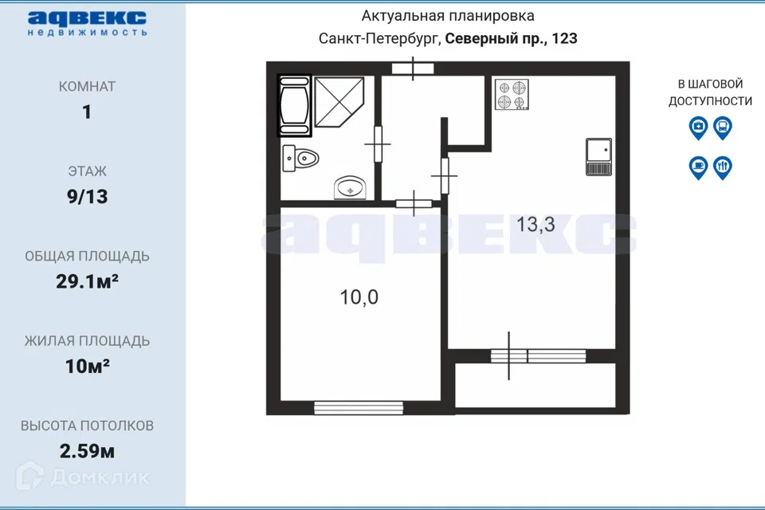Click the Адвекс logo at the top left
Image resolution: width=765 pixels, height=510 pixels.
point(87,23)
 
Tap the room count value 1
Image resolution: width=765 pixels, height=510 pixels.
point(87,112)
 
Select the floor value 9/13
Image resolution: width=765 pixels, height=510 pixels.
point(88,197)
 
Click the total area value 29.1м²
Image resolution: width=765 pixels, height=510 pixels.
point(88,281)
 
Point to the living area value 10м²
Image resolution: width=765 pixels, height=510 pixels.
point(88,366)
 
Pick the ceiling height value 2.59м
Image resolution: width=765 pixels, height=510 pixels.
point(88,451)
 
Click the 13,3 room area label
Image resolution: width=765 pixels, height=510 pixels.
point(535,225)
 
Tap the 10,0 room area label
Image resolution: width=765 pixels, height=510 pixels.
point(359,297)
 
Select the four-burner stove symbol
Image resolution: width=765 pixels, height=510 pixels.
point(512,94)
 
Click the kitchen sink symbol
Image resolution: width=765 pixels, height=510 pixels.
point(598,157)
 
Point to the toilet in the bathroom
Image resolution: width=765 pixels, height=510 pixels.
point(300,158)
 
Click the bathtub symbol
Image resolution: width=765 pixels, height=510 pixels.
point(294,105)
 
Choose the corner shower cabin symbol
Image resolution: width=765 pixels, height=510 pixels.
point(339,101)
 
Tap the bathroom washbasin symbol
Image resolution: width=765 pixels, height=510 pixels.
point(350,187)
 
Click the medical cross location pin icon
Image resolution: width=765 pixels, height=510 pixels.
point(698,127)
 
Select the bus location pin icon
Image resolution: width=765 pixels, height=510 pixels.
point(723,127)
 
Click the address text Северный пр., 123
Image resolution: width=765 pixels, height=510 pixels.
point(512,38)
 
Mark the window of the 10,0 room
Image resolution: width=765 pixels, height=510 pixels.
point(359,408)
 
